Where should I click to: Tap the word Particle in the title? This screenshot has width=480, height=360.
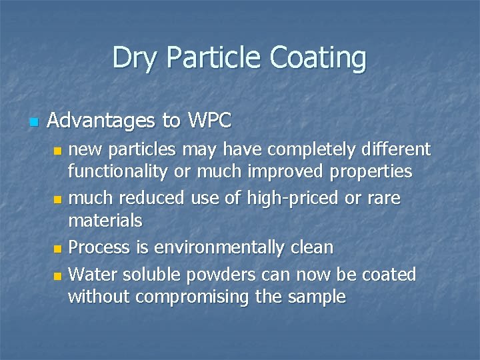[x=209, y=57]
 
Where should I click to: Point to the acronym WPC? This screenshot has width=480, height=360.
[x=209, y=121]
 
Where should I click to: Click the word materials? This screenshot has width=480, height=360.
[x=105, y=220]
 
